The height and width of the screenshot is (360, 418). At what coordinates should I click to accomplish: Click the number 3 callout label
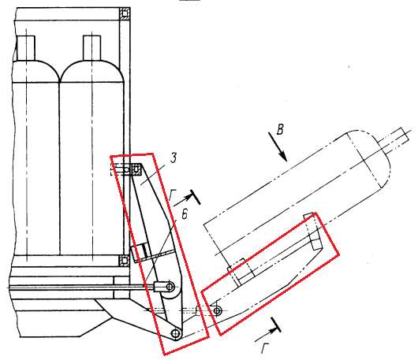174,158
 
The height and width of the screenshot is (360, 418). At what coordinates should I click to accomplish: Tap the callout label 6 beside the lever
185,213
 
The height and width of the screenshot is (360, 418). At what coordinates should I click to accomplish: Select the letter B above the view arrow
280,130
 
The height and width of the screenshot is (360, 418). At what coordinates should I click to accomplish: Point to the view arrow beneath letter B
278,147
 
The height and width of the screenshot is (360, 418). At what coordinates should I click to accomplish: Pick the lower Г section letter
265,347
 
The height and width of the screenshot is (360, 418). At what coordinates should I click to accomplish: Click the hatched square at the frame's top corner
125,13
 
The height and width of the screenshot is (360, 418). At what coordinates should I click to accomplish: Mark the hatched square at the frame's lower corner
124,261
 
